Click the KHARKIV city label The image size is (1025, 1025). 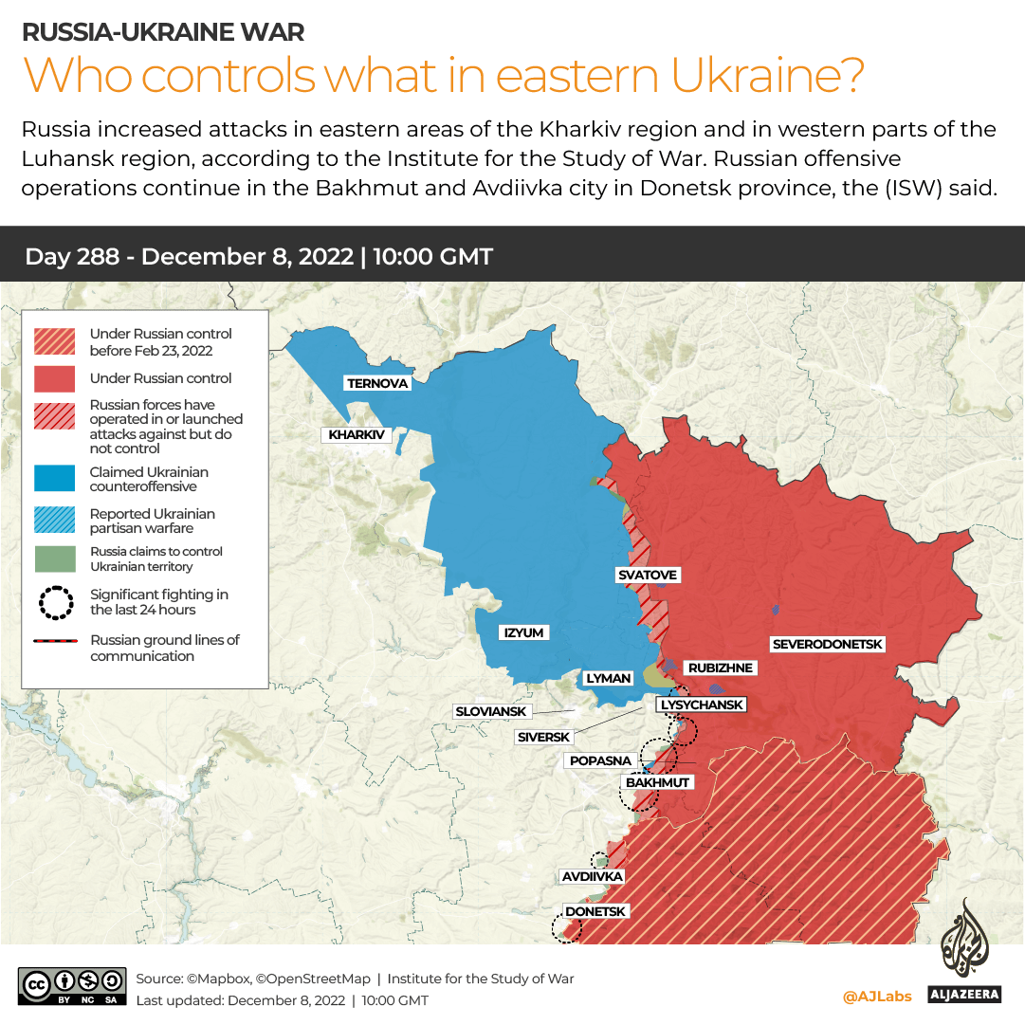tap(357, 435)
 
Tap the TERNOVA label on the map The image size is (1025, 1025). tap(377, 383)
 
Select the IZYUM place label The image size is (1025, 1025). tap(523, 632)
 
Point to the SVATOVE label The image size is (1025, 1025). tap(648, 576)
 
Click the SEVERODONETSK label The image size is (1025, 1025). tap(827, 645)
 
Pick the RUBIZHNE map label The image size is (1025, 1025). tap(720, 668)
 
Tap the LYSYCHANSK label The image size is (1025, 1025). tap(702, 705)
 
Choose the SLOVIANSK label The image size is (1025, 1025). tap(491, 711)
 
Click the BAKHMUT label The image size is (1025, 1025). tap(657, 782)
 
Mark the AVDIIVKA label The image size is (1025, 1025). tap(592, 876)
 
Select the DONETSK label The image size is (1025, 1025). tap(595, 911)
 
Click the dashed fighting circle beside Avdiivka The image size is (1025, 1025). tap(599, 861)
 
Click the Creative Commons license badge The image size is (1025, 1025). tap(72, 986)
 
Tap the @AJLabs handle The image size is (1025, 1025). tap(877, 997)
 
